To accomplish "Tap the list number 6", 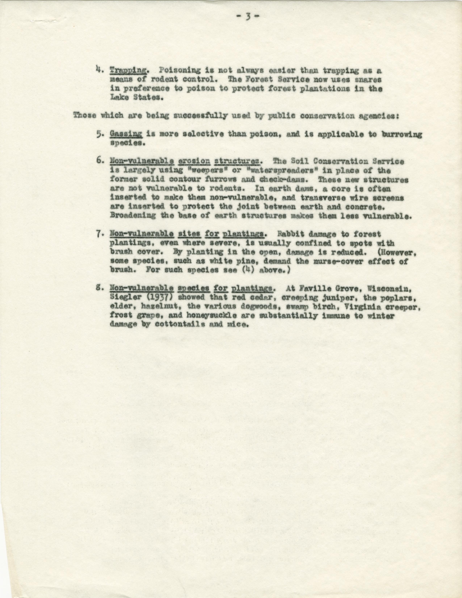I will point(99,161).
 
